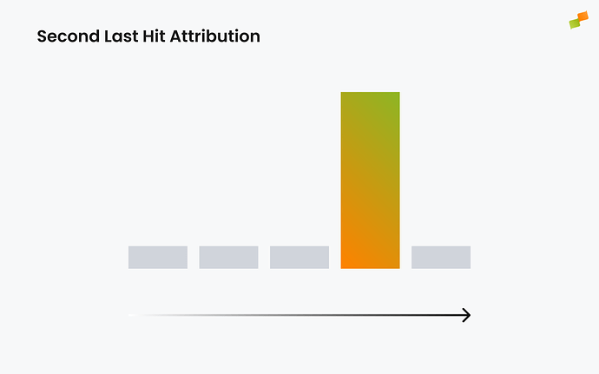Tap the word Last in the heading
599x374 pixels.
click(x=120, y=36)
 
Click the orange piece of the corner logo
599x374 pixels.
click(x=583, y=16)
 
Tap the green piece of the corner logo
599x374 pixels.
click(x=575, y=23)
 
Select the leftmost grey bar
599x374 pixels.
click(x=158, y=257)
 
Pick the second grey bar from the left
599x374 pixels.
click(x=228, y=257)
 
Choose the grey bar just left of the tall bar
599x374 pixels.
click(x=299, y=257)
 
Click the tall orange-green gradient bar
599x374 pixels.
click(x=370, y=180)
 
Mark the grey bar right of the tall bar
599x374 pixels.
click(x=441, y=257)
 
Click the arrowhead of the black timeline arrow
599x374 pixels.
click(x=466, y=315)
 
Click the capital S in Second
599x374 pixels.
click(x=42, y=36)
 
